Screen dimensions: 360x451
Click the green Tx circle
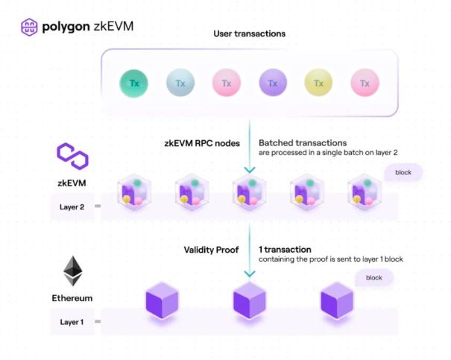tap(134, 83)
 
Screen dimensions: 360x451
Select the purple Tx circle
tap(273, 83)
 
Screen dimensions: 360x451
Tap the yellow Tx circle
tap(318, 83)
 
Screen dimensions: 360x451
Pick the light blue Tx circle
tap(180, 83)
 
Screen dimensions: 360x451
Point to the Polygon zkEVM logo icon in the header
tap(31, 28)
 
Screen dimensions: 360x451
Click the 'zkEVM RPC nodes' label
tap(196, 142)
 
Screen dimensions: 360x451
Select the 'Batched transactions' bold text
tap(302, 142)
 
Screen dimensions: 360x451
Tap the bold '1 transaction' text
tap(285, 249)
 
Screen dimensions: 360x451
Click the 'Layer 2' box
tap(72, 206)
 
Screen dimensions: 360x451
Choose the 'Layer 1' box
tap(72, 322)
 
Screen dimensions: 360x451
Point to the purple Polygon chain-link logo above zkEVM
tap(72, 157)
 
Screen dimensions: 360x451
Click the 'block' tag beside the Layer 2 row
tap(403, 173)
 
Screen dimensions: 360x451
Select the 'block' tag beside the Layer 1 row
tap(374, 279)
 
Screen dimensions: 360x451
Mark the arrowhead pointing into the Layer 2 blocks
tap(250, 170)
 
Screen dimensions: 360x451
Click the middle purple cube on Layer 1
tap(250, 302)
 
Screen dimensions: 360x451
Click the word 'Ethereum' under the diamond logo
tap(72, 298)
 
